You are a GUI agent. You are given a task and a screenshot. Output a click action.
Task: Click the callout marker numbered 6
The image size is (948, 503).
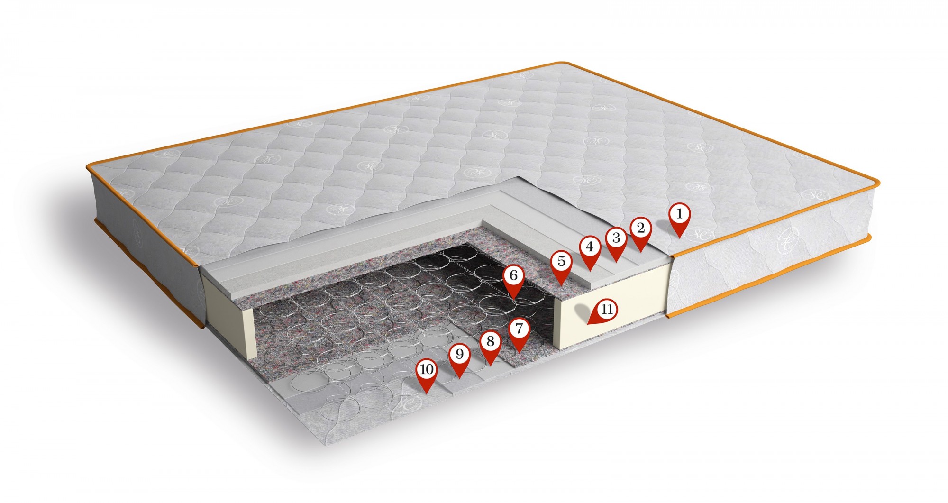coord(514,281)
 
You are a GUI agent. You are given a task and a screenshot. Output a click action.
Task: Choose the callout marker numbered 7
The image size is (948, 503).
coord(519,334)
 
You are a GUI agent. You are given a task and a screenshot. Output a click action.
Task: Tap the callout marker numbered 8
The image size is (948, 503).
coord(490,348)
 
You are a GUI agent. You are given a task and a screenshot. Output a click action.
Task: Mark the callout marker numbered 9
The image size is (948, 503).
coord(459,360)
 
